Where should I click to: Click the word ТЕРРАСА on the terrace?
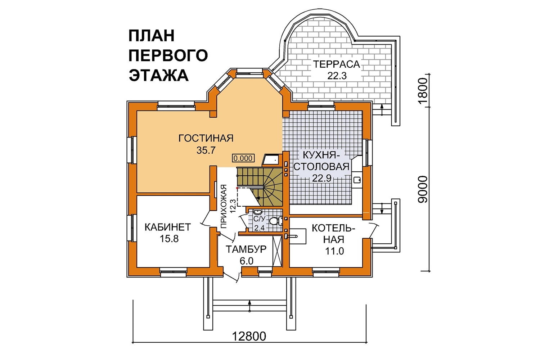(x=336, y=64)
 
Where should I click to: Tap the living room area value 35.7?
(x=206, y=150)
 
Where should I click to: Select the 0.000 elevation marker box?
(x=243, y=158)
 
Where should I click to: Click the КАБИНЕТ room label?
(x=168, y=227)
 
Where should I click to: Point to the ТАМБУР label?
(x=246, y=249)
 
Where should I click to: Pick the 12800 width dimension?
(x=249, y=336)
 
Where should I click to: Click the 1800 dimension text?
(x=423, y=91)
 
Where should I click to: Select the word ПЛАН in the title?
(x=152, y=35)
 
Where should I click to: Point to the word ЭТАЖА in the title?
(x=158, y=75)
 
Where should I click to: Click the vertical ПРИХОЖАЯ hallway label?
(x=224, y=206)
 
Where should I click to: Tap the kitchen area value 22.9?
(x=322, y=178)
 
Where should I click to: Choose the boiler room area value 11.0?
(x=334, y=251)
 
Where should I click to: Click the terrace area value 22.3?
(x=337, y=76)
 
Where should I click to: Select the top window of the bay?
(x=249, y=73)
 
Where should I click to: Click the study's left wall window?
(x=132, y=228)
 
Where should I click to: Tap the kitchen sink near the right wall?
(x=357, y=180)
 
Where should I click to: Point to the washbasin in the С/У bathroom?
(x=258, y=212)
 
